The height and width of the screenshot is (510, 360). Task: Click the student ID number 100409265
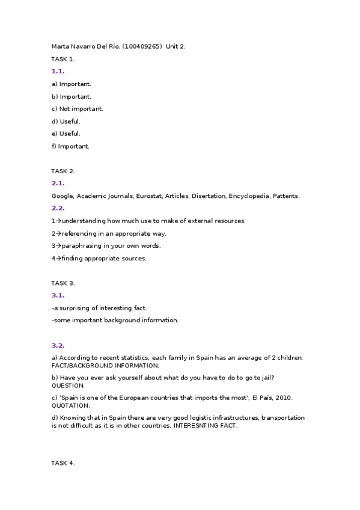pos(142,46)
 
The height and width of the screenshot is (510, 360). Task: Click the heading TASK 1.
pos(63,59)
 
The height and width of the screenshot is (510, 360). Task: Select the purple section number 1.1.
pos(58,71)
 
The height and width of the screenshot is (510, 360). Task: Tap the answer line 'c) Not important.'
pos(78,109)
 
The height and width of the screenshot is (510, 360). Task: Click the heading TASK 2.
pos(63,171)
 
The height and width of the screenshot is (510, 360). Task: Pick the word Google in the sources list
pos(63,196)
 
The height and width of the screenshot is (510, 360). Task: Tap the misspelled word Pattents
pos(286,196)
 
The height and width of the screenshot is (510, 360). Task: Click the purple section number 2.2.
pos(58,208)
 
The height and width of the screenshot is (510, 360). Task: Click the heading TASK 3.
pos(63,283)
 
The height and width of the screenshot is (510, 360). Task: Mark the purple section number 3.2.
pos(58,345)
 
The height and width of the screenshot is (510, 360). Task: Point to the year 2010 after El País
pos(284,398)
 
